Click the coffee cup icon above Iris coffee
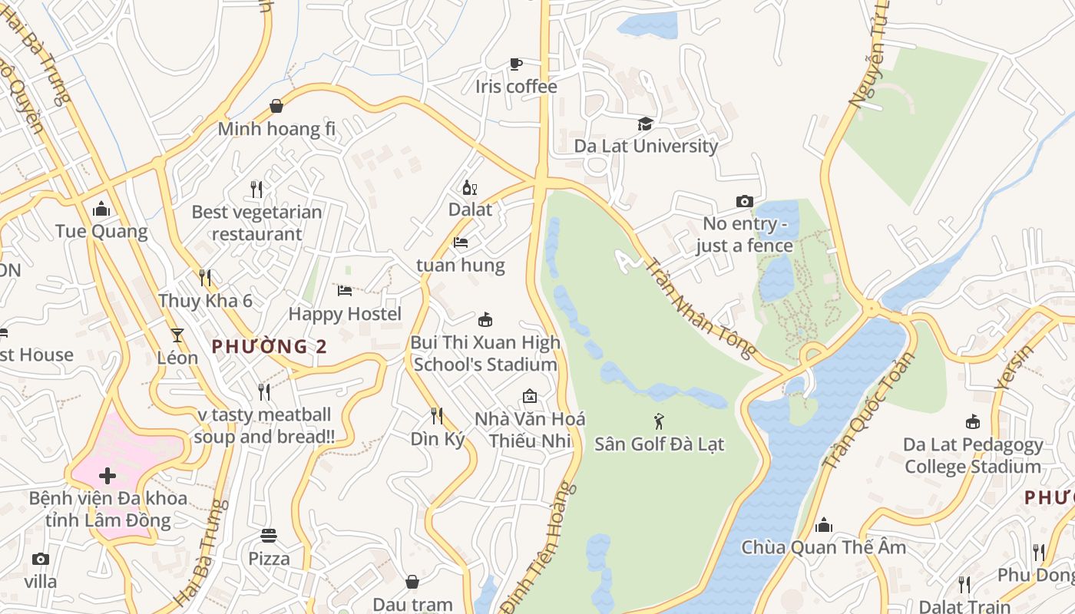515,64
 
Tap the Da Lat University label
646,146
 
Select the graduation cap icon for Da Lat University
645,124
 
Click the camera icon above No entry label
744,201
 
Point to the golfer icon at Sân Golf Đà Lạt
659,421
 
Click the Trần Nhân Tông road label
701,308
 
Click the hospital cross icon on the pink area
107,476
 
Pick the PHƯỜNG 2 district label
270,347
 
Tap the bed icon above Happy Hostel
345,291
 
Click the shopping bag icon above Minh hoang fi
276,106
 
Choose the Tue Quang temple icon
101,209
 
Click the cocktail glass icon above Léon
177,335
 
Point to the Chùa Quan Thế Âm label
823,547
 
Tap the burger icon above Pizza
268,535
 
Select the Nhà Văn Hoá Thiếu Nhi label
530,429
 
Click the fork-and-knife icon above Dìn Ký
436,416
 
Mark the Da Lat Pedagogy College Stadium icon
972,422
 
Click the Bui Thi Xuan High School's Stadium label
485,353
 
